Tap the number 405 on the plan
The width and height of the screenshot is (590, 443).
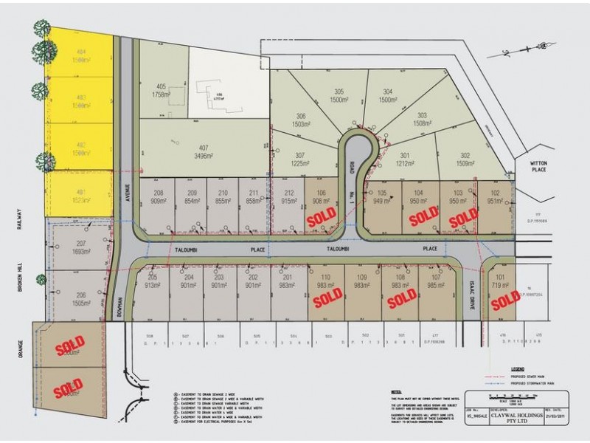[161, 86]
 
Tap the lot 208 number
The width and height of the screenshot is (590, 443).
[158, 191]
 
